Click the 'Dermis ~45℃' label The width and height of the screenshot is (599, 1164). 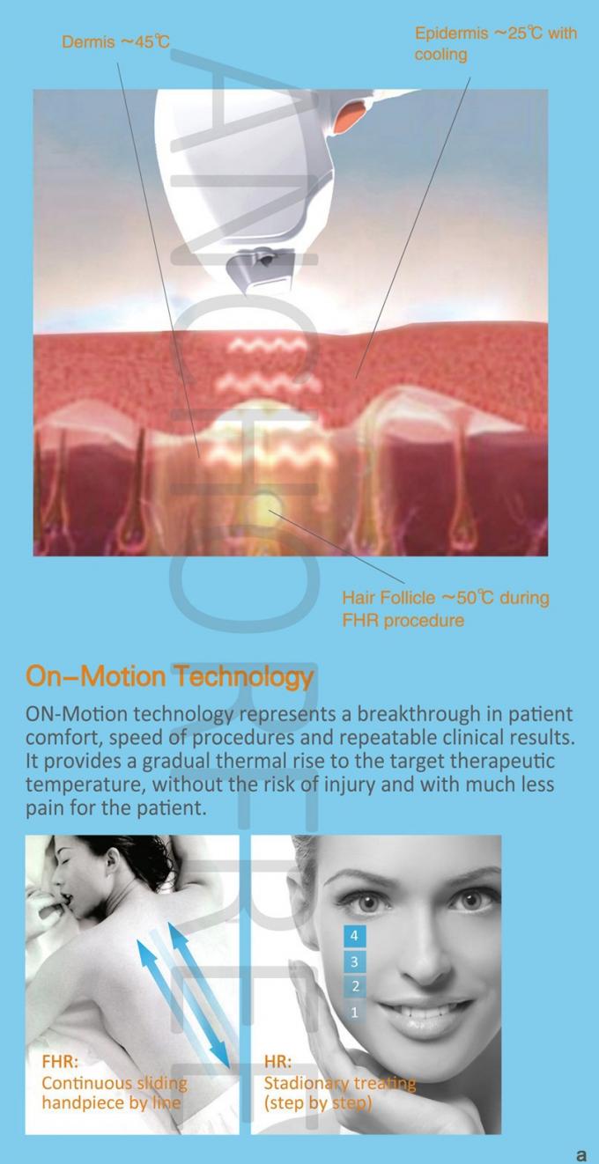(x=115, y=41)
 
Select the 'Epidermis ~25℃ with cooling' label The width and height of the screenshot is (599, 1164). (x=496, y=44)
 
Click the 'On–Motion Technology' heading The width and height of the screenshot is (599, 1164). (x=169, y=676)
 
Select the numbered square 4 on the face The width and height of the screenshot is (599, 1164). (x=354, y=936)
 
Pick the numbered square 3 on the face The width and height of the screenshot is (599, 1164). (x=354, y=961)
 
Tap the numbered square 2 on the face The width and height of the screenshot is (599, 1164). (x=355, y=986)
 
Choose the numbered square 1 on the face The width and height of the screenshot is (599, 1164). (x=355, y=1013)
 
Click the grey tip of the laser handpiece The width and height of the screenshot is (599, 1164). (x=260, y=267)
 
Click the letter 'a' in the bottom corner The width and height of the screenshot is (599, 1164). (x=581, y=1154)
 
